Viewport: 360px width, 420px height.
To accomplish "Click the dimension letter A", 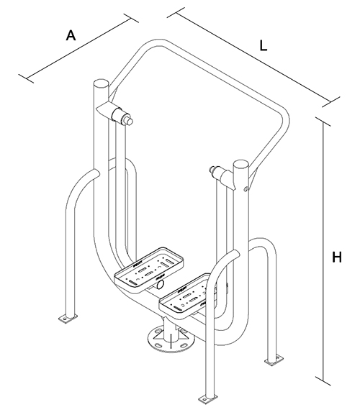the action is [71, 35].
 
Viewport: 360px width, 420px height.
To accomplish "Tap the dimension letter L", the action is [264, 45].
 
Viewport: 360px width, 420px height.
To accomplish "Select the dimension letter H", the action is [337, 257].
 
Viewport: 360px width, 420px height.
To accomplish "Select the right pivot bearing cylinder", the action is [218, 173].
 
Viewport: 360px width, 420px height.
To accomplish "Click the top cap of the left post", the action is [101, 83].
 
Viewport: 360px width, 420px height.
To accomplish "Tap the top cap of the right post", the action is [241, 164].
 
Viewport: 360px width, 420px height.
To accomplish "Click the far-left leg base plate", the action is [68, 318].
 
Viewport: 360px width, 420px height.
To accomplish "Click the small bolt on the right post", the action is [246, 189].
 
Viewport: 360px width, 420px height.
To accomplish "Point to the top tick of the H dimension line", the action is [323, 122].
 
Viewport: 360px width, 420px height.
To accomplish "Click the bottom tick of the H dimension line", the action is [323, 380].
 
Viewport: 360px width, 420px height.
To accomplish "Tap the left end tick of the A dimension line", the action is [27, 78].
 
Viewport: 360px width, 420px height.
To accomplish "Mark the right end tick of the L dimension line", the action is [331, 102].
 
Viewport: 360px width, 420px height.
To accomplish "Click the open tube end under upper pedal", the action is [160, 284].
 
